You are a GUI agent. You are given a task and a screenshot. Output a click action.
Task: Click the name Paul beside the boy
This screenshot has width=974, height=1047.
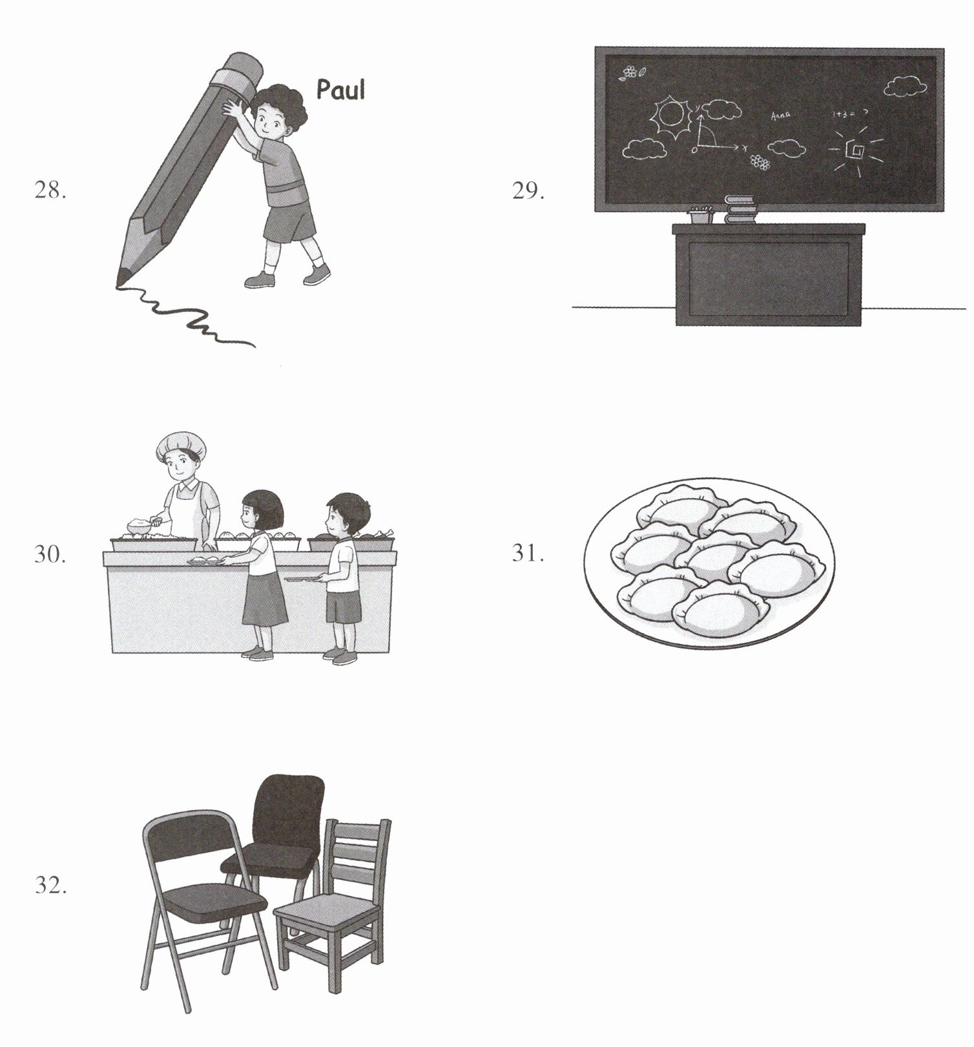340,89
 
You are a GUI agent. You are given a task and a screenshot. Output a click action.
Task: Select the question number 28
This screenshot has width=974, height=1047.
50,191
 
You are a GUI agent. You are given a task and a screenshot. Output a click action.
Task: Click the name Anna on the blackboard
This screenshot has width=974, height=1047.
780,116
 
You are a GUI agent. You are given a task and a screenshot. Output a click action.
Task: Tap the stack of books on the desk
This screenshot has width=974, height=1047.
740,209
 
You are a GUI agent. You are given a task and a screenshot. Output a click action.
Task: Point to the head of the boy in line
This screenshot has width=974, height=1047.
347,513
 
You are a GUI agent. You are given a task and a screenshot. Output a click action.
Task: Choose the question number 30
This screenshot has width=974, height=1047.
50,554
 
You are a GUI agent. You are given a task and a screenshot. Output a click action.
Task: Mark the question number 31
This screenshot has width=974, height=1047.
528,554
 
